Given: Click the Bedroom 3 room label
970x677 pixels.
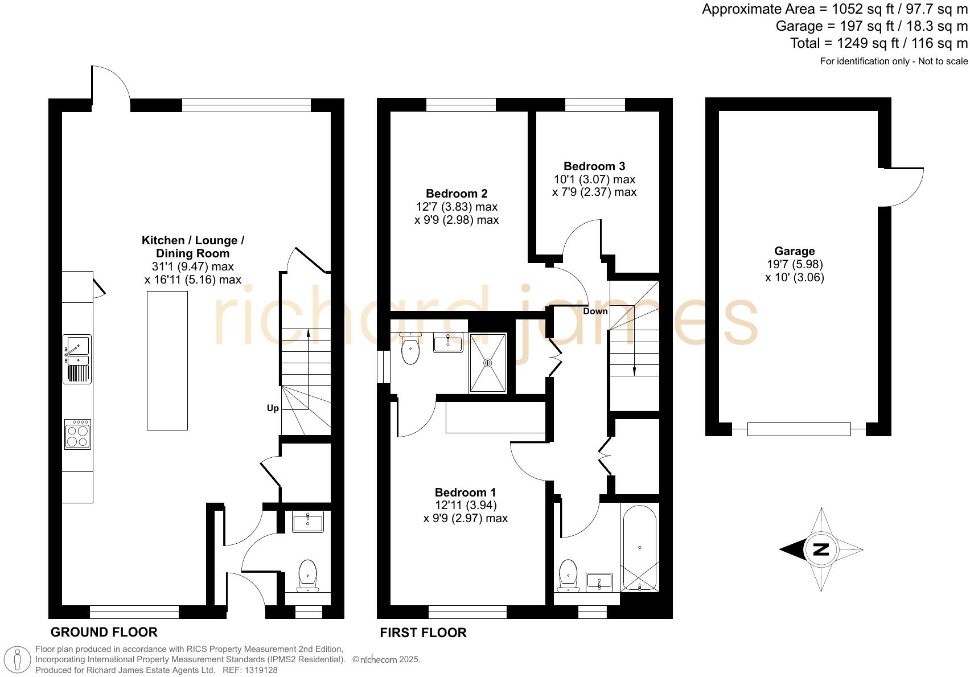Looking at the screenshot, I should (594, 166).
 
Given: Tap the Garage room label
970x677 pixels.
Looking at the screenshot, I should (794, 251).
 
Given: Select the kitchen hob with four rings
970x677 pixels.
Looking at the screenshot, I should (77, 434).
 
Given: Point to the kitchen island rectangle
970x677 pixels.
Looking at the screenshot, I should (167, 360).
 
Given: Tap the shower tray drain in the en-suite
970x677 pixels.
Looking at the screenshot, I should (487, 363).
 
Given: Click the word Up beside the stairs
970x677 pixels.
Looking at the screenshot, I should (273, 408).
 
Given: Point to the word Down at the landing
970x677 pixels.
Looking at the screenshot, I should (595, 311).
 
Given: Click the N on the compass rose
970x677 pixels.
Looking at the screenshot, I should (821, 549).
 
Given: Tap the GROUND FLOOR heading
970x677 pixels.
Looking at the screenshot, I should (104, 632).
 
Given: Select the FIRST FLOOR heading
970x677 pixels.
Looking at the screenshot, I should (423, 633).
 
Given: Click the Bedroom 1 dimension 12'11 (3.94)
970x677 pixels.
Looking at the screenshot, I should (466, 505).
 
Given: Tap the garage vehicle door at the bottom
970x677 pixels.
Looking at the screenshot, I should (799, 429).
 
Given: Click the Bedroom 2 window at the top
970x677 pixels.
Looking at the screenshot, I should (461, 104).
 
